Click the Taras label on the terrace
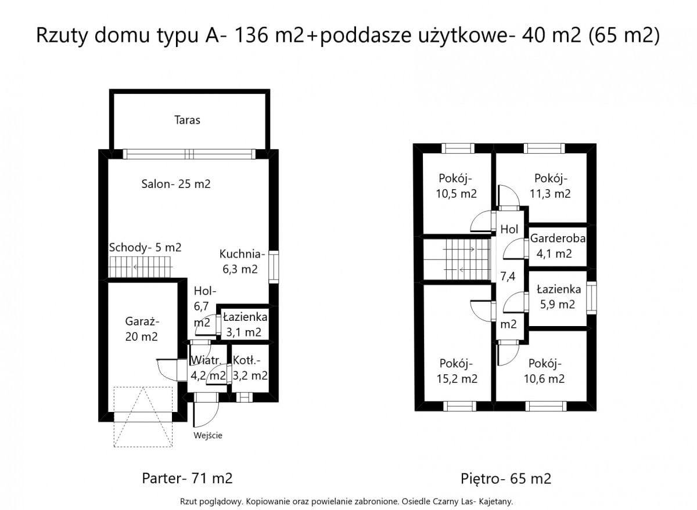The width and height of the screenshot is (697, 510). (187, 120)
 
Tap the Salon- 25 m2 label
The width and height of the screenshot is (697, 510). (176, 184)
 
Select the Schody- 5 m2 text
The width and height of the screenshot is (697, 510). (145, 247)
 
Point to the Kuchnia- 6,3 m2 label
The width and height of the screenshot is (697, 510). (242, 261)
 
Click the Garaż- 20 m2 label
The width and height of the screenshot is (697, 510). (142, 329)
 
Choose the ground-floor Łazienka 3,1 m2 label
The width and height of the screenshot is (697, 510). (245, 324)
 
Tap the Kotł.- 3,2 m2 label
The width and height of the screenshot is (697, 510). (250, 368)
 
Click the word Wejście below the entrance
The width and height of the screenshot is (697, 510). (208, 435)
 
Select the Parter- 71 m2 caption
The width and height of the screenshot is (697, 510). (187, 478)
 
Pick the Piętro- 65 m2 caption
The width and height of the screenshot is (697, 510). (506, 478)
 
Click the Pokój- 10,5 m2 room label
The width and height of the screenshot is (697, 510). (456, 186)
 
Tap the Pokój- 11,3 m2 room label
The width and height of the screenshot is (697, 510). (551, 186)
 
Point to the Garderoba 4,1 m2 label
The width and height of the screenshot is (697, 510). (558, 246)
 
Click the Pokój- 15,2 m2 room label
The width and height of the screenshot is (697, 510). (457, 371)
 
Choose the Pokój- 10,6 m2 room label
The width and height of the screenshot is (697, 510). (544, 371)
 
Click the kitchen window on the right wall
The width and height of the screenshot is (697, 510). (274, 267)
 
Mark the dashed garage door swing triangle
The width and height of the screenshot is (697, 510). (143, 417)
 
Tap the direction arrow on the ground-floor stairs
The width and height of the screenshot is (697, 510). (136, 266)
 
